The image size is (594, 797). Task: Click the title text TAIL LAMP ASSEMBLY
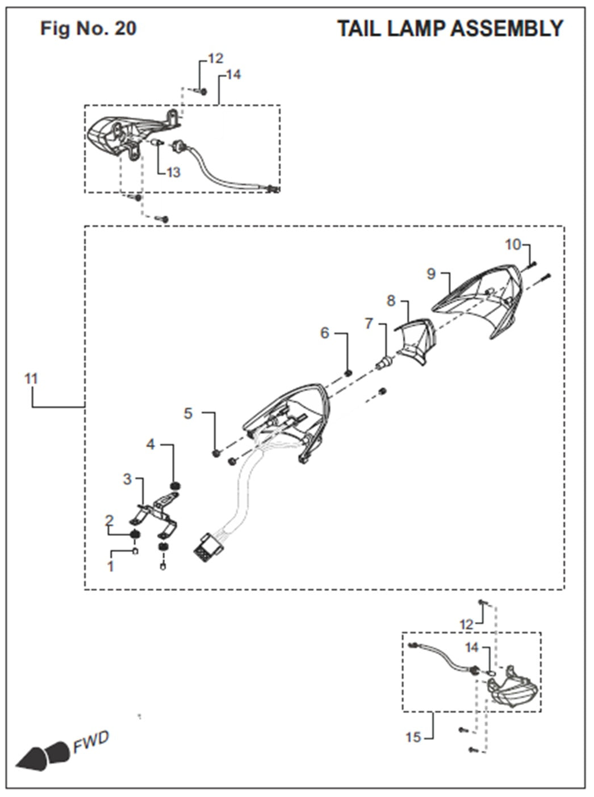pos(450,28)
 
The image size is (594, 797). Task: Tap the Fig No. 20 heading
pos(88,28)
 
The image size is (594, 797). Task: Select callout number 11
pos(31,378)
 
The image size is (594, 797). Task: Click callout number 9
pos(431,274)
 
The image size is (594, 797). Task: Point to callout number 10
pos(512,245)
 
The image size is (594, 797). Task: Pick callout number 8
pos(391,300)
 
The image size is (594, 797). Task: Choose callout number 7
pos(369,323)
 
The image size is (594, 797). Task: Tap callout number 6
pos(325,333)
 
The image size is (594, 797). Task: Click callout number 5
pos(189,413)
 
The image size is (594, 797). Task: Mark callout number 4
pos(150,444)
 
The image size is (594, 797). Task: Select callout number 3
pos(127,479)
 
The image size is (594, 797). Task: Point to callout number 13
pos(173,171)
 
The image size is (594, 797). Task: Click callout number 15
pos(413,737)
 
